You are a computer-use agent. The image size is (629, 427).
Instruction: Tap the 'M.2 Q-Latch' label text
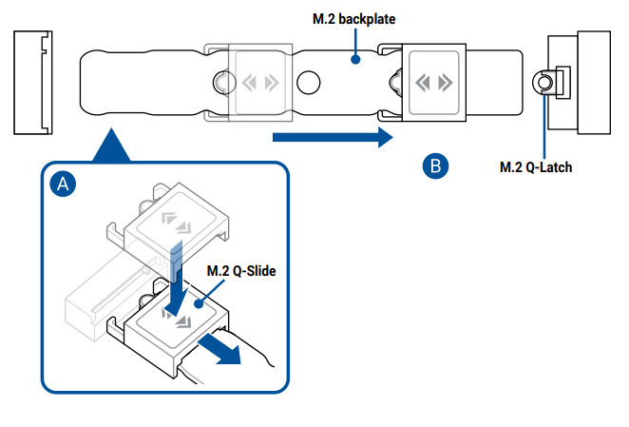(536, 167)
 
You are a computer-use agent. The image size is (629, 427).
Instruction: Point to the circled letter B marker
(434, 165)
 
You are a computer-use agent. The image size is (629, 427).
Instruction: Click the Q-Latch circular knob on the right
(543, 83)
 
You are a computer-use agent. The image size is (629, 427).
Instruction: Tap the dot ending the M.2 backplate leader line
(355, 60)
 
